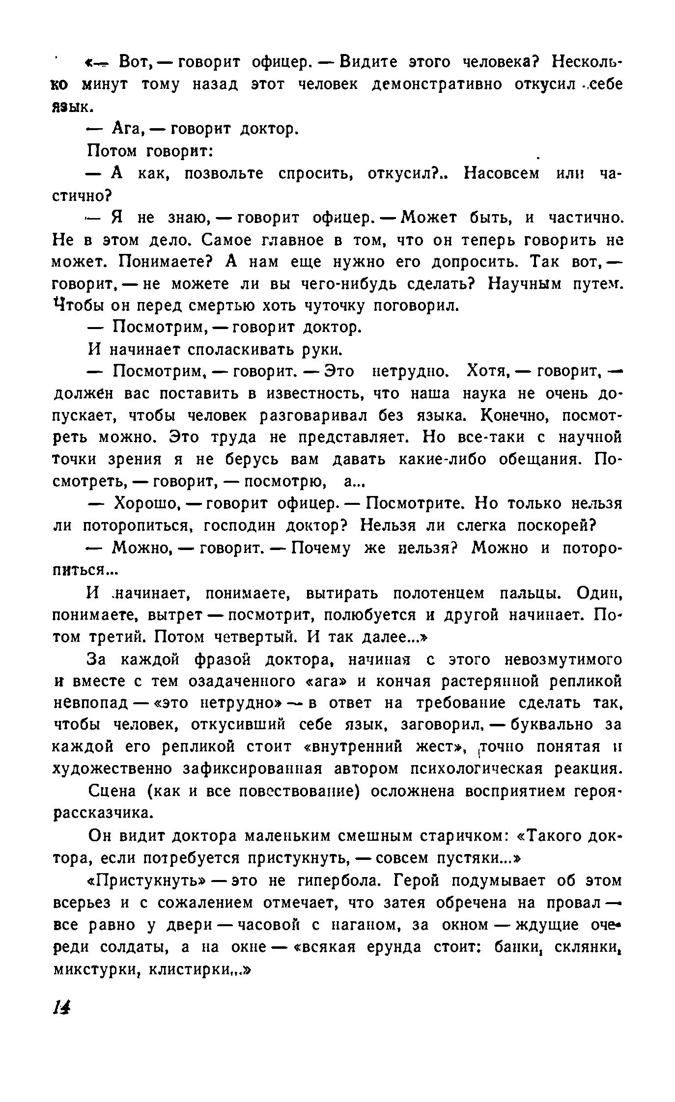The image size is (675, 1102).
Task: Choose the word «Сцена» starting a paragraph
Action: click(x=113, y=792)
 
